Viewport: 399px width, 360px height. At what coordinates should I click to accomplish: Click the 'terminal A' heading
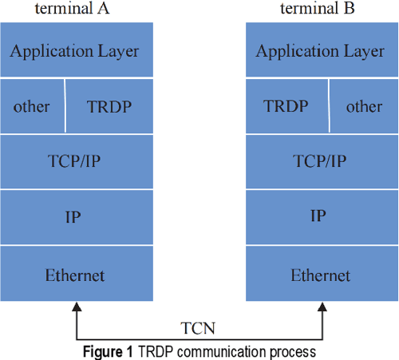click(74, 9)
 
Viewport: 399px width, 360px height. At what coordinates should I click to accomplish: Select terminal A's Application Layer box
click(74, 51)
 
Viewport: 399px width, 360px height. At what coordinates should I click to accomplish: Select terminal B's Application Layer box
click(320, 51)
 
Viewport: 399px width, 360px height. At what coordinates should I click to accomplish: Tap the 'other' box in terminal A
click(32, 106)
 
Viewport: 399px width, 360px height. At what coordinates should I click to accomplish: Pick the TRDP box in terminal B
click(286, 106)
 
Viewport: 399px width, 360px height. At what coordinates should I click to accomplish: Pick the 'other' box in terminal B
click(364, 106)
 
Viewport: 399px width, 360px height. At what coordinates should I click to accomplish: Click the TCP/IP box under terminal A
click(74, 162)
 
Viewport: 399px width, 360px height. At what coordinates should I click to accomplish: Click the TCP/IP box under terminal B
click(320, 162)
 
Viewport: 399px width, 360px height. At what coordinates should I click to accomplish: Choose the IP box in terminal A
click(74, 217)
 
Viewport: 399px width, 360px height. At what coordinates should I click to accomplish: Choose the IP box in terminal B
click(320, 217)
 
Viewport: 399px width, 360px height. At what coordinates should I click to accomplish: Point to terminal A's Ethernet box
click(74, 275)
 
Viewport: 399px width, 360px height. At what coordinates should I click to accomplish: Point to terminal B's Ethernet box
click(320, 275)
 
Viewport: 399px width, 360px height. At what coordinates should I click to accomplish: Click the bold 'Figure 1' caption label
click(108, 351)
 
